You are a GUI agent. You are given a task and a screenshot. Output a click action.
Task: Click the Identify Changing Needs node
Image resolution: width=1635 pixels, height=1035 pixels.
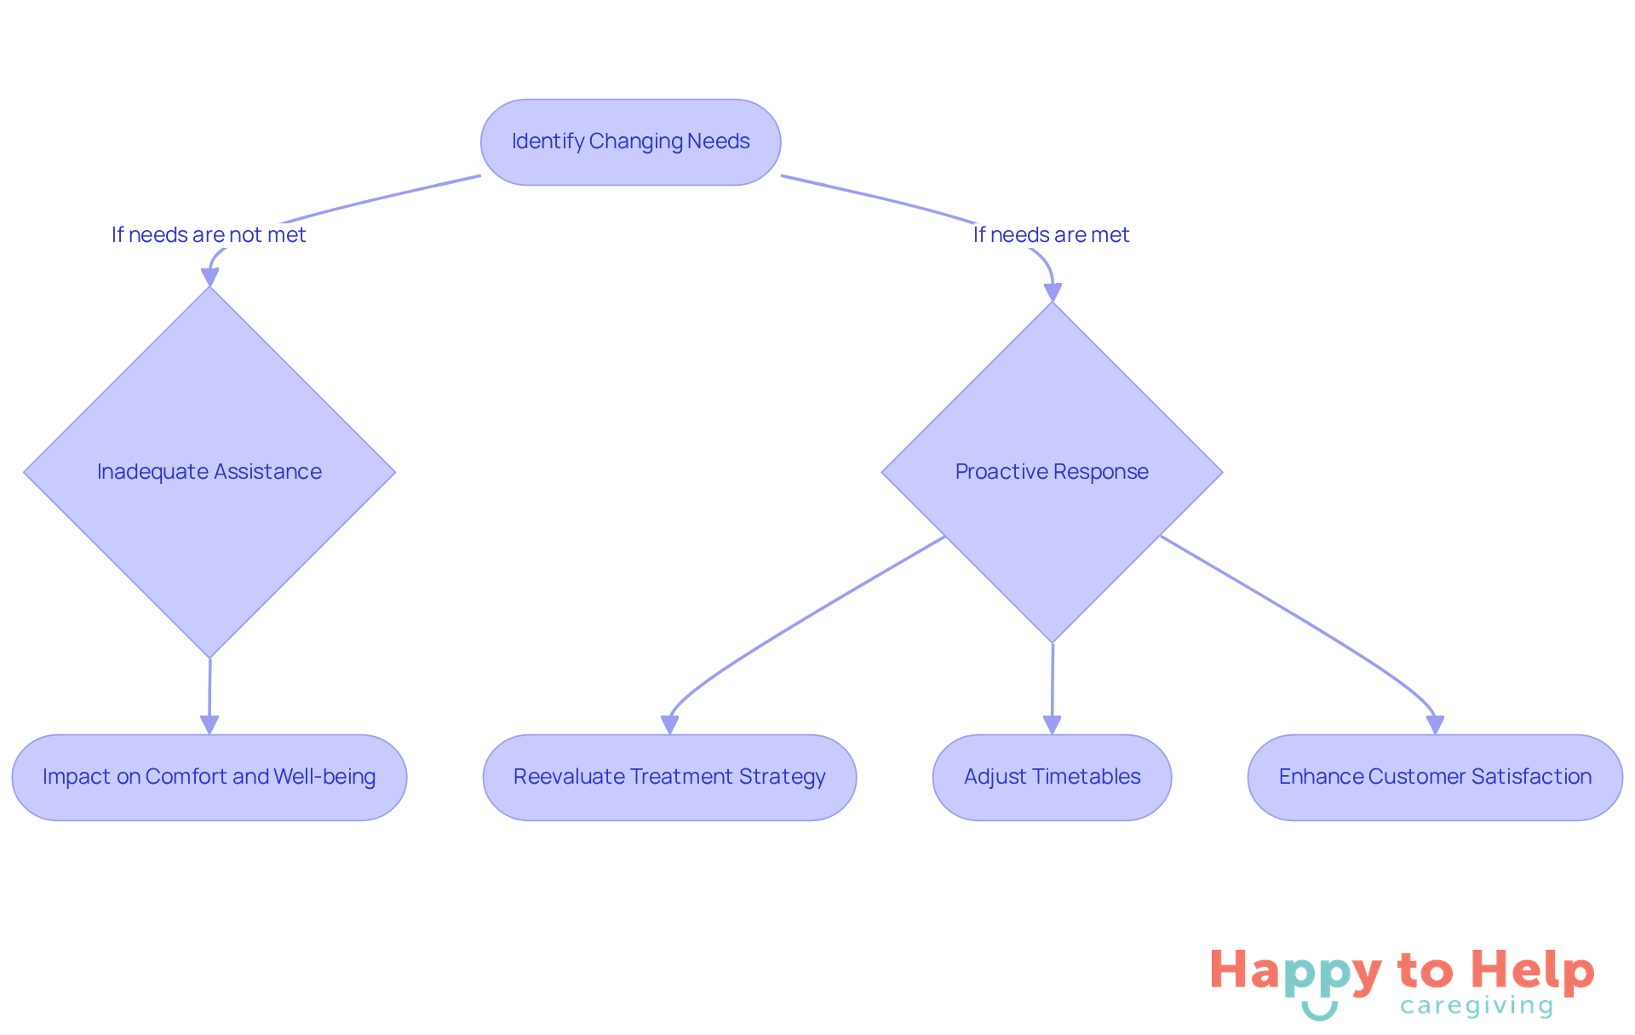[x=630, y=141]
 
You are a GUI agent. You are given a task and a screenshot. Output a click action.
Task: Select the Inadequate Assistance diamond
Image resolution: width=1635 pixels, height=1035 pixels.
[x=209, y=471]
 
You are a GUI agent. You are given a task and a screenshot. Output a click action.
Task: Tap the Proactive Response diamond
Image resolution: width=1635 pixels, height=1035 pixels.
[x=1052, y=471]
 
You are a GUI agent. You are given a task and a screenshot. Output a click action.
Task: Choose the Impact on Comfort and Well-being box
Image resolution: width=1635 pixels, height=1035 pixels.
[x=209, y=777]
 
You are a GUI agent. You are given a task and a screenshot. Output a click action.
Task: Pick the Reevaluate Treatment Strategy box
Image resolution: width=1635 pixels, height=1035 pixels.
[x=669, y=777]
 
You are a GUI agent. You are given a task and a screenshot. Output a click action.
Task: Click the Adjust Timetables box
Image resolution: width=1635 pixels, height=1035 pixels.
[x=1052, y=777]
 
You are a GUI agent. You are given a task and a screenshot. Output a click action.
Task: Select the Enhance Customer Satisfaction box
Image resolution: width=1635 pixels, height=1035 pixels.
[x=1435, y=777]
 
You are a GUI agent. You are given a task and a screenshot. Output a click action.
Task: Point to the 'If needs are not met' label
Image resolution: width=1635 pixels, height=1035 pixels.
[x=209, y=235]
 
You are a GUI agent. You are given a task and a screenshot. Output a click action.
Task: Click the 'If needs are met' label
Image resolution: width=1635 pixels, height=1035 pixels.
[x=1051, y=235]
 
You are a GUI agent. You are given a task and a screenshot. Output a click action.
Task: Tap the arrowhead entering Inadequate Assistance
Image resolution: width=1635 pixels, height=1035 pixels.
[x=209, y=278]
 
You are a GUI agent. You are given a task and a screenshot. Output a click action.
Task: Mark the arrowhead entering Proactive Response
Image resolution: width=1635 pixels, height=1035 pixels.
[x=1053, y=292]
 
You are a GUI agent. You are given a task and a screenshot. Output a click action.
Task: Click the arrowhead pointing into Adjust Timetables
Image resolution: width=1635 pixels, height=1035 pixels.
[x=1052, y=725]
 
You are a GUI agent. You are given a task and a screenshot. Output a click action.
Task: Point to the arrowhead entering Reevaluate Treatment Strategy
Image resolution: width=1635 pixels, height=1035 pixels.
[x=669, y=725]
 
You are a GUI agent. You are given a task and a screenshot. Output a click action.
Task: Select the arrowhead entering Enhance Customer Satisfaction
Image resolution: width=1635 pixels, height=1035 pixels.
[x=1435, y=725]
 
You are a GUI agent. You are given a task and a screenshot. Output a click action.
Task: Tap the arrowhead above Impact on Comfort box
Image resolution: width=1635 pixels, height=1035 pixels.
[x=209, y=725]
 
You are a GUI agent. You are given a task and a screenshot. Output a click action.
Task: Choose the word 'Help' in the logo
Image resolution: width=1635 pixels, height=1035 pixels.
[x=1532, y=971]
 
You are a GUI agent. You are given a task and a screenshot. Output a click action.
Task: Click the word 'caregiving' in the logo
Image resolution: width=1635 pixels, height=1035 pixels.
[x=1477, y=1006]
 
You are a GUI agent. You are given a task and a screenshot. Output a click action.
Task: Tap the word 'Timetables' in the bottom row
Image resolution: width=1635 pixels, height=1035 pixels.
[x=1087, y=777]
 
